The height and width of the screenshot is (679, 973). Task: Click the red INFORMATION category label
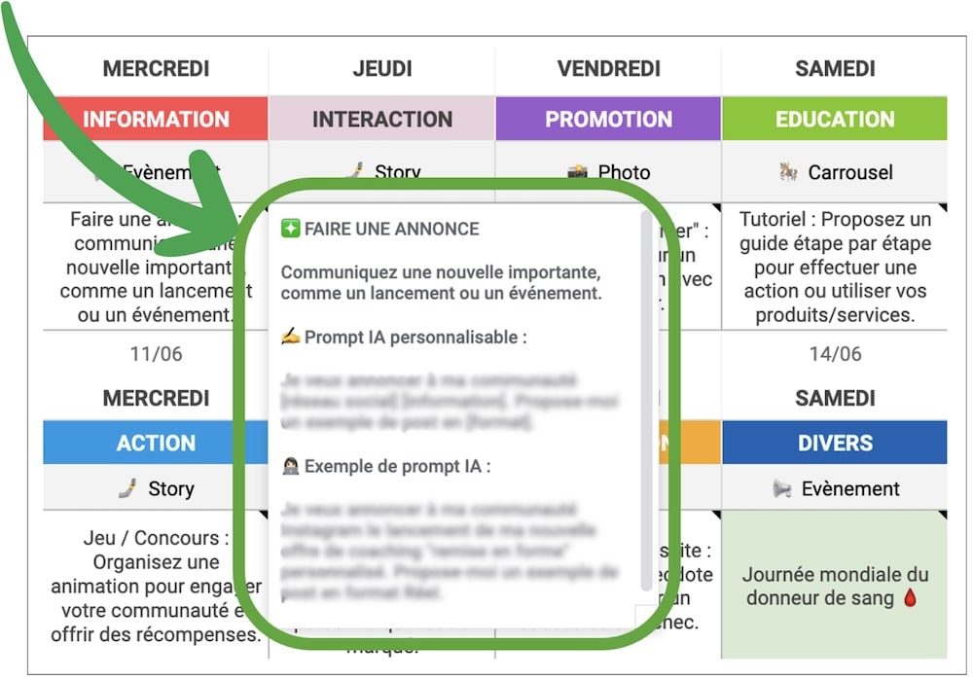156,119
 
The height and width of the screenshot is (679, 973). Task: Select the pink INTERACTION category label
381,119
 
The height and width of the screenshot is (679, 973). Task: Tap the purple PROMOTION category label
608,119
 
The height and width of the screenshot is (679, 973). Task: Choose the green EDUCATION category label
835,119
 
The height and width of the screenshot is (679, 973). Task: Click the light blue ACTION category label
156,443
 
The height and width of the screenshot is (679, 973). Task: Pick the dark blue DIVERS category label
835,443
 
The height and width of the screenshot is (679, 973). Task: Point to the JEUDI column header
381,68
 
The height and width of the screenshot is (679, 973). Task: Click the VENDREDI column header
608,68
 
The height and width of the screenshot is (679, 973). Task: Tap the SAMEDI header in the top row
835,68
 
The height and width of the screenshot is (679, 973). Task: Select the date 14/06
835,353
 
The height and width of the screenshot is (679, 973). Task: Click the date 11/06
156,353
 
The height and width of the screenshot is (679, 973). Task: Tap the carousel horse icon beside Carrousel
788,172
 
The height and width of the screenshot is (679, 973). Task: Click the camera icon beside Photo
578,173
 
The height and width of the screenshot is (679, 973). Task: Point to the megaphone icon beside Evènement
781,488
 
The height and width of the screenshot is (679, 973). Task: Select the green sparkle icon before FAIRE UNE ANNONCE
290,229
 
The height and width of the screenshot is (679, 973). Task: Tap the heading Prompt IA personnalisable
404,338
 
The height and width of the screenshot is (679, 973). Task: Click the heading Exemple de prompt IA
386,466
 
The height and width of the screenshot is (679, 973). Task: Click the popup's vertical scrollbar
647,399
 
